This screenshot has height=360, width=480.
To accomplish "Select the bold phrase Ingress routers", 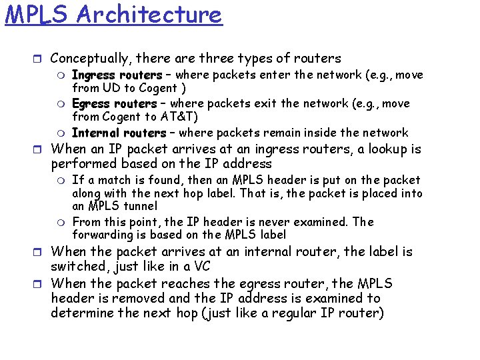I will tap(117, 75).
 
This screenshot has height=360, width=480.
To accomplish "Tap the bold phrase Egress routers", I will tap(114, 104).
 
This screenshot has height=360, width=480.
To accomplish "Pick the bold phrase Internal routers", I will tap(119, 133).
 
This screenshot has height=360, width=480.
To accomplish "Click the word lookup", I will tap(371, 148).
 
